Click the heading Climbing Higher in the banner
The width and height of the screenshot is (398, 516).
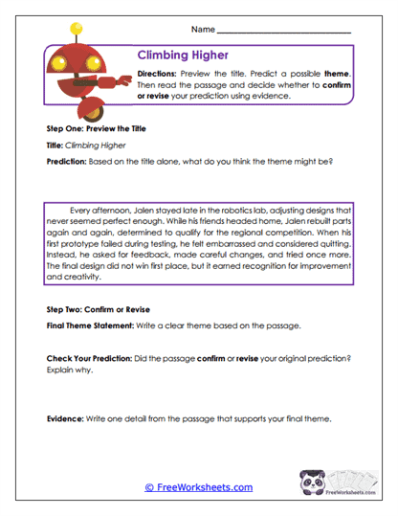point(182,56)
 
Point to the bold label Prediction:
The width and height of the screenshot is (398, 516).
point(67,161)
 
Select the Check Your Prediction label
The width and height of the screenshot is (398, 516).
point(96,357)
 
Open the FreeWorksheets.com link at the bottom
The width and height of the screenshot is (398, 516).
point(198,487)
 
